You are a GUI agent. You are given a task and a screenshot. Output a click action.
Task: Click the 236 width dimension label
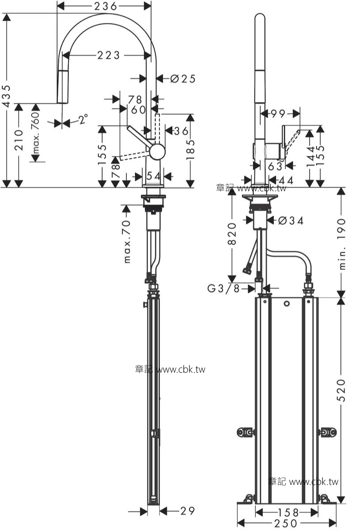[x=105, y=6]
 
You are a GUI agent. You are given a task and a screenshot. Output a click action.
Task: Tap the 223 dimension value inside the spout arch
[x=108, y=55]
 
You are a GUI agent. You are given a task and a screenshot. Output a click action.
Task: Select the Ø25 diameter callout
[x=183, y=79]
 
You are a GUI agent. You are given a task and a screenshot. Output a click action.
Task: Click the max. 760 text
[x=35, y=133]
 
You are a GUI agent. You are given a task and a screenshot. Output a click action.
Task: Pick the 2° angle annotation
[x=83, y=119]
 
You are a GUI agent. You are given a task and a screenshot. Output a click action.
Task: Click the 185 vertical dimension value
[x=190, y=149]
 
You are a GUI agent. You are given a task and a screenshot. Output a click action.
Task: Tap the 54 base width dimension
[x=153, y=176]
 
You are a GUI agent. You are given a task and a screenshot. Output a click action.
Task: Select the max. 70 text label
[x=127, y=242]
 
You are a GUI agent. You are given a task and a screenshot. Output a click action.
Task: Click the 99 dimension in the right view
[x=278, y=114]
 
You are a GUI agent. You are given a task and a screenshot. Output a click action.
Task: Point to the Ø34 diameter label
[x=291, y=221]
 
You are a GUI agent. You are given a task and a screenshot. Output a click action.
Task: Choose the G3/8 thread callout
[x=224, y=288]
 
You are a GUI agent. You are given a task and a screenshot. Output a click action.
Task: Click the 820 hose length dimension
[x=232, y=234]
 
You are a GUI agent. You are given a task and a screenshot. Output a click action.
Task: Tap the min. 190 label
[x=342, y=244]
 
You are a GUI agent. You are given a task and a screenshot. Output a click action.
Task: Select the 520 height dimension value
[x=341, y=390]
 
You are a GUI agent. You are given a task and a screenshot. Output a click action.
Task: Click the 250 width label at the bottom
[x=285, y=523]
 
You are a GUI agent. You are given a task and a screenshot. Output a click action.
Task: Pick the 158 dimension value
[x=288, y=513]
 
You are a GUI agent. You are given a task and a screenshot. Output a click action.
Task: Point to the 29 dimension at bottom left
[x=187, y=511]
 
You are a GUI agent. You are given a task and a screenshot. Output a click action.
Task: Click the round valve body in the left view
[x=157, y=151]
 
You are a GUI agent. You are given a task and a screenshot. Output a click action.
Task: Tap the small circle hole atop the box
[x=287, y=303]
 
